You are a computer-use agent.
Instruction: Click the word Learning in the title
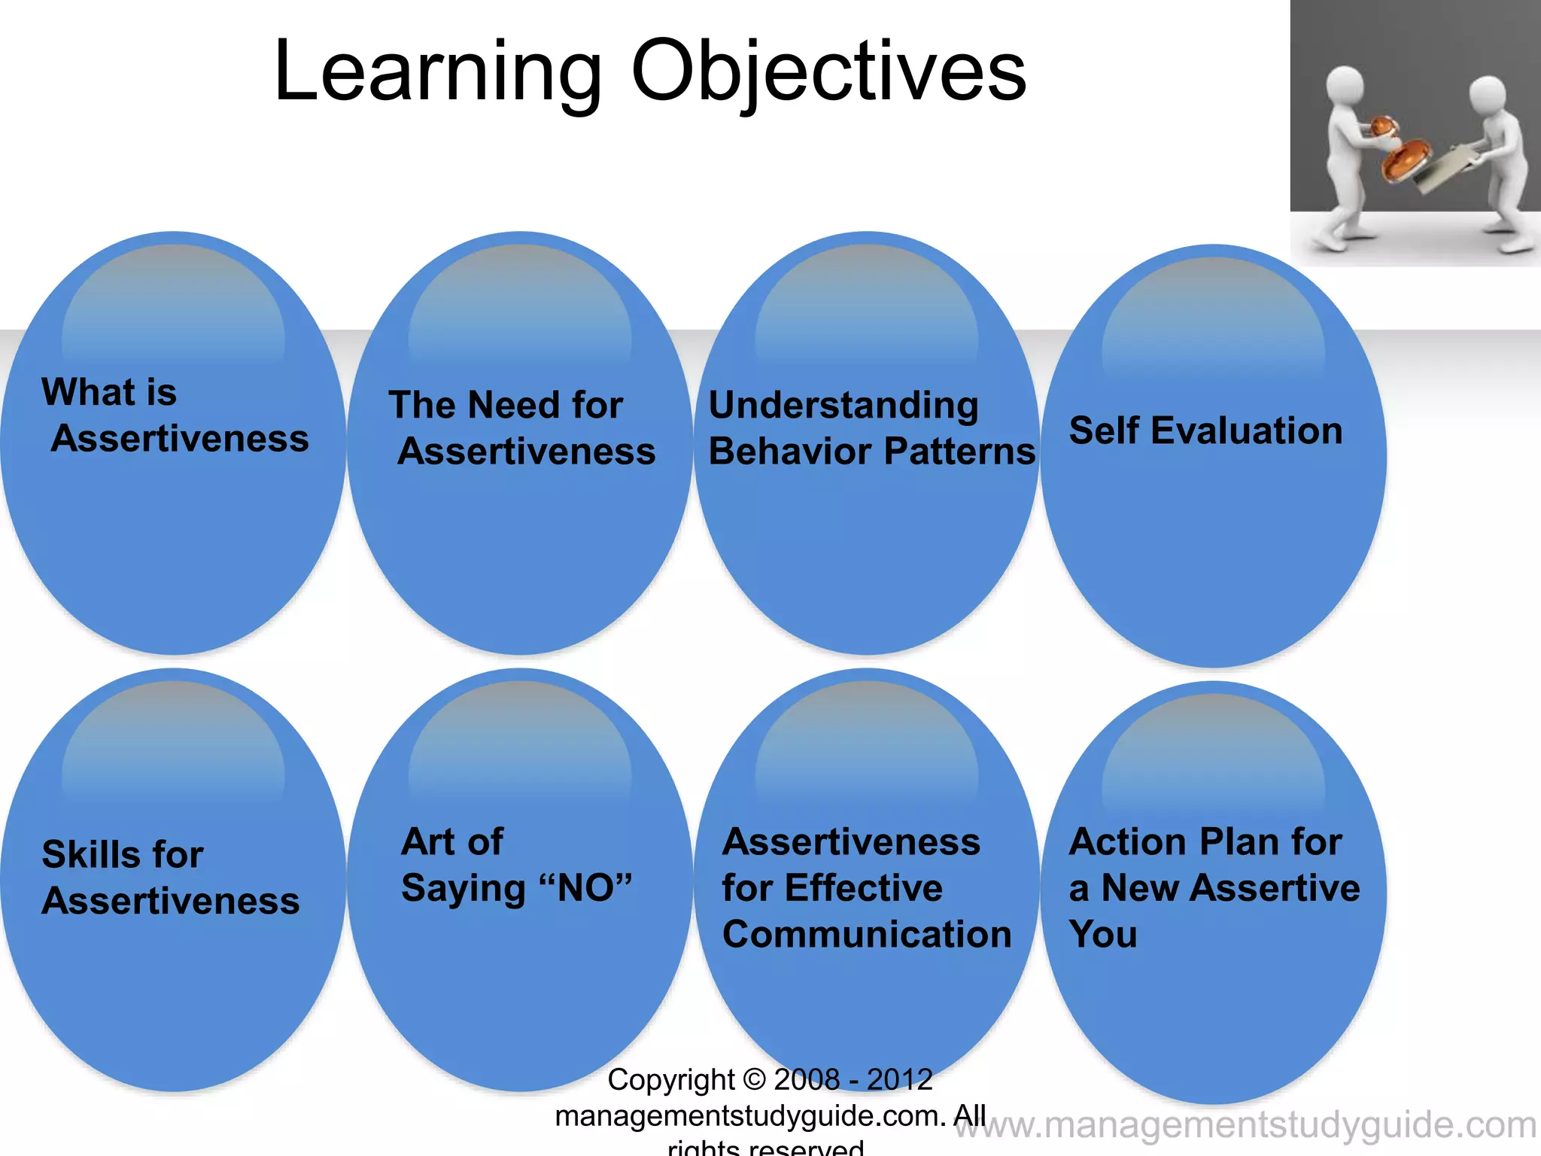click(x=438, y=71)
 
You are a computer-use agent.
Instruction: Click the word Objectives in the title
click(x=828, y=71)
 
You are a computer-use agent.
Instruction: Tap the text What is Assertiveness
click(x=175, y=415)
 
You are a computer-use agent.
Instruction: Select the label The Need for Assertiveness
click(x=521, y=428)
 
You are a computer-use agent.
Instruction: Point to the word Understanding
click(x=843, y=406)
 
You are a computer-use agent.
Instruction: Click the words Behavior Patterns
click(x=871, y=452)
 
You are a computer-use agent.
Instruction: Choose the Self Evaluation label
click(x=1205, y=431)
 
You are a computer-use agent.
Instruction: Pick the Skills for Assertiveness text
click(x=170, y=878)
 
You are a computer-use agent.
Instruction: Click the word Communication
click(x=867, y=935)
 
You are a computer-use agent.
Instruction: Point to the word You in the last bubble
click(x=1103, y=935)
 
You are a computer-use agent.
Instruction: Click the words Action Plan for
click(x=1205, y=841)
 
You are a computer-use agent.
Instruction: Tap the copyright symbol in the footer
click(x=754, y=1080)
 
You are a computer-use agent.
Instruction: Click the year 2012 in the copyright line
click(x=899, y=1080)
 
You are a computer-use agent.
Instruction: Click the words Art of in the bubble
click(x=452, y=841)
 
